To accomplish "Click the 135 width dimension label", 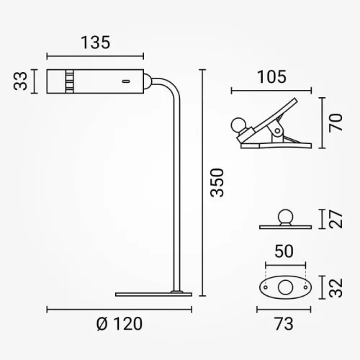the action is [x=96, y=42].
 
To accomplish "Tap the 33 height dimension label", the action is [x=20, y=81].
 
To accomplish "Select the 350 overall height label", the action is [x=217, y=183].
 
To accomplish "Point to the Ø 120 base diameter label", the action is [x=120, y=324].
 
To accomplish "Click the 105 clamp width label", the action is [x=271, y=77].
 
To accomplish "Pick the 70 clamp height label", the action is [x=336, y=122].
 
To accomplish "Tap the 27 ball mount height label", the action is [x=336, y=219].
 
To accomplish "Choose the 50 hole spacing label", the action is [x=284, y=251].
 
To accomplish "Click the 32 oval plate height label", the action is [x=336, y=288].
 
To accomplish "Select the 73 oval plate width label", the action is [x=284, y=324].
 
